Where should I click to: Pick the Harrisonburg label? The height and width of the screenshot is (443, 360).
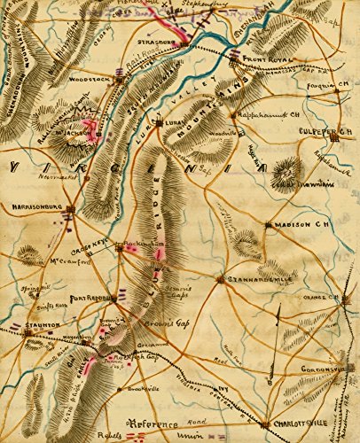[x=35, y=211]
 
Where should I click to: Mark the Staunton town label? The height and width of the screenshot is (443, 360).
[x=28, y=325]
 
